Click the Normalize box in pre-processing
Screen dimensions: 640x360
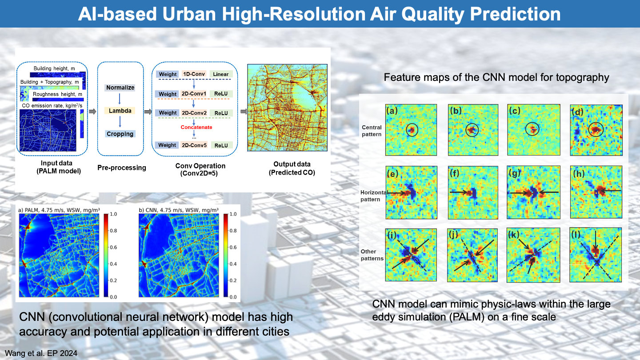120,88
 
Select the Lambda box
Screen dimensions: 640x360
120,111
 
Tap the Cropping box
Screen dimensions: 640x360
120,134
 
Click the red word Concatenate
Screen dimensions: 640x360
196,127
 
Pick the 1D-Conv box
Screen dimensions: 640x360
194,74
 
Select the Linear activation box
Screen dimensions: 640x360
221,74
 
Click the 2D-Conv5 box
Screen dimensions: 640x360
194,145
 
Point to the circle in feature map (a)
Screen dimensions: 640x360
412,124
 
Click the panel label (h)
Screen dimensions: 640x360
579,173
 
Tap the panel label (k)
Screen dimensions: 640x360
513,235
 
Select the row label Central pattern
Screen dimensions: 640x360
372,131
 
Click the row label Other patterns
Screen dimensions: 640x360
372,255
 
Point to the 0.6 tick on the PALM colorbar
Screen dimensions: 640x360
113,247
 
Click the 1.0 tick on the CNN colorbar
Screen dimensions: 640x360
233,214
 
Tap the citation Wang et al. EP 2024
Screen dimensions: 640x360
41,353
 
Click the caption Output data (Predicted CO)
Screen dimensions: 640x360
292,168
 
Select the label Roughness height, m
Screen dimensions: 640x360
57,94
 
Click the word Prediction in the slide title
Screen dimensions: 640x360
515,14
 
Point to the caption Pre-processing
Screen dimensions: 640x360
122,168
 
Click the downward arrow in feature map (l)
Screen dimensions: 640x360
596,240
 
